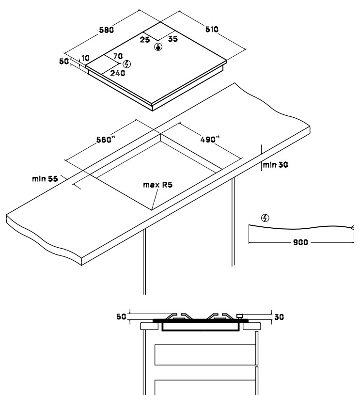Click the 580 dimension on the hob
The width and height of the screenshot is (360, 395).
106,30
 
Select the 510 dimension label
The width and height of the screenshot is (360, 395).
212,30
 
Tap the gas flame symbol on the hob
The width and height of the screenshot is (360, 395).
158,47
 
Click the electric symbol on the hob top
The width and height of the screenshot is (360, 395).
127,64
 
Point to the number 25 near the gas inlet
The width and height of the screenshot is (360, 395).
145,40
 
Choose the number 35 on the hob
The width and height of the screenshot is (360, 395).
173,39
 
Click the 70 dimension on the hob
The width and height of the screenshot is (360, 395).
118,56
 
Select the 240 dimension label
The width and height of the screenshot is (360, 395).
118,73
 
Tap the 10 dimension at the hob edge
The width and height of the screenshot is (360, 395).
85,58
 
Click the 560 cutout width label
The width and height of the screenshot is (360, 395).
106,140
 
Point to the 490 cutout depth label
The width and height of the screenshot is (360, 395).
210,139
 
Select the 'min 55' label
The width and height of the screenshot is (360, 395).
45,179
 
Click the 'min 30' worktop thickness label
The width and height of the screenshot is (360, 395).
275,165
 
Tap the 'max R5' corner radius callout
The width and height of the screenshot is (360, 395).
157,185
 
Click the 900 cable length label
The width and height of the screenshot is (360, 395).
300,242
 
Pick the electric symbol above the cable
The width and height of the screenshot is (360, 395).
265,218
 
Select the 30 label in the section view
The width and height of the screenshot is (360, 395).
279,317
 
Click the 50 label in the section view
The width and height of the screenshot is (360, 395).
121,316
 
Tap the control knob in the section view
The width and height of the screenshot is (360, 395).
239,316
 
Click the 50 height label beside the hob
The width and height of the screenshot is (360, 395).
64,61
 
